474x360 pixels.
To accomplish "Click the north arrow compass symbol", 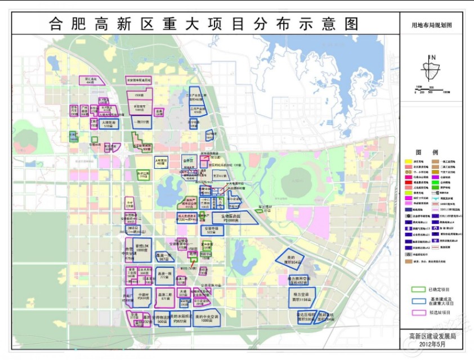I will (x=432, y=70).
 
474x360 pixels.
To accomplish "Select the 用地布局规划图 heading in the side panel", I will (x=432, y=26).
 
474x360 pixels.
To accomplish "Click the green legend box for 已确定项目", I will (x=417, y=290).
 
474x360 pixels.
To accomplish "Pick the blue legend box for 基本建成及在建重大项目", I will (x=417, y=301).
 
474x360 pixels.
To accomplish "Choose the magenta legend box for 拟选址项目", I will (x=417, y=313).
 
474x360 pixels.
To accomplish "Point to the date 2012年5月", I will (x=432, y=344).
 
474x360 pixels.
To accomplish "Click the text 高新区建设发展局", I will (x=432, y=336).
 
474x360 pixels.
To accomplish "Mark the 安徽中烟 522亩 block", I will (x=212, y=231).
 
